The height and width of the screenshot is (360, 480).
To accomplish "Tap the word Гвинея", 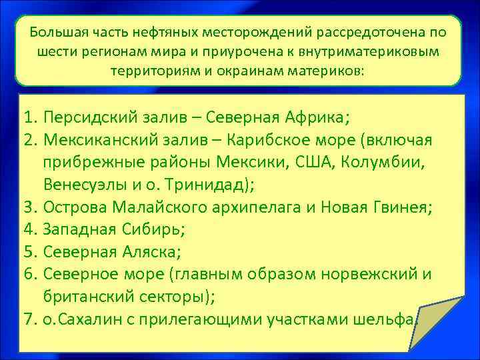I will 401,206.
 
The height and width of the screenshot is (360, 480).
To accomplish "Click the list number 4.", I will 26,228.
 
